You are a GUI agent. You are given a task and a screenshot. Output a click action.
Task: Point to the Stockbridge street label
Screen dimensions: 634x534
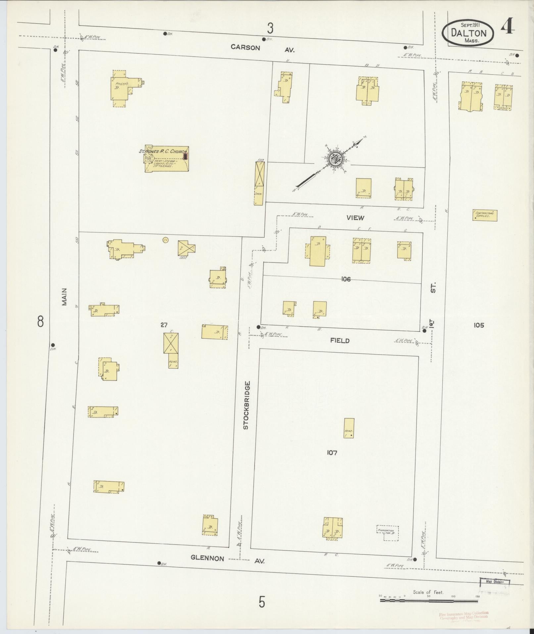pyautogui.click(x=246, y=406)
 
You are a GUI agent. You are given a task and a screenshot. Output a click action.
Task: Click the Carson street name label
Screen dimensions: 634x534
pyautogui.click(x=245, y=47)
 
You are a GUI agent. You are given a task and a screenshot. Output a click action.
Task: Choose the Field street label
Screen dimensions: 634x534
pyautogui.click(x=340, y=340)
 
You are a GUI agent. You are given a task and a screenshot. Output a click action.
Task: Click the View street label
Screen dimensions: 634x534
pyautogui.click(x=355, y=218)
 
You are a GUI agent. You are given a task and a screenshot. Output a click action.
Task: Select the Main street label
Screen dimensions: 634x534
pyautogui.click(x=64, y=297)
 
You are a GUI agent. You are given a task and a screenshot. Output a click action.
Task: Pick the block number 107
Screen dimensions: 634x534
pyautogui.click(x=332, y=453)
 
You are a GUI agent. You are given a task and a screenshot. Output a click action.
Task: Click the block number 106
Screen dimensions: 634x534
pyautogui.click(x=346, y=279)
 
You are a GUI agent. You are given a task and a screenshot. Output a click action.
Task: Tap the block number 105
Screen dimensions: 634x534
pyautogui.click(x=478, y=325)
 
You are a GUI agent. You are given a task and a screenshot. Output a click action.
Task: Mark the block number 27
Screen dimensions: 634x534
pyautogui.click(x=164, y=325)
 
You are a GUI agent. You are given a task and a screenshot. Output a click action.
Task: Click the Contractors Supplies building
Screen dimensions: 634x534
pyautogui.click(x=485, y=215)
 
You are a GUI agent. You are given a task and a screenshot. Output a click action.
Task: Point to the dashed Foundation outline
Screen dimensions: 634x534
pyautogui.click(x=387, y=533)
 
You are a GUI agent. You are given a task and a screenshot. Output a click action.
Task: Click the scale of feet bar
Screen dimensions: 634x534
pyautogui.click(x=429, y=600)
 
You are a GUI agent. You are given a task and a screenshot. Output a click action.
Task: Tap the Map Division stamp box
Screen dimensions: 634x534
pyautogui.click(x=495, y=582)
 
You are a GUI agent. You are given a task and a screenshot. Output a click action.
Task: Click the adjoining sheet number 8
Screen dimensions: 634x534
pyautogui.click(x=40, y=321)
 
